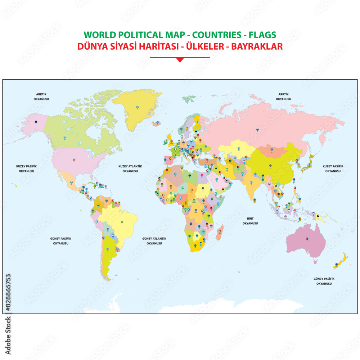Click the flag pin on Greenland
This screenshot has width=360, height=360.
pos(138,107)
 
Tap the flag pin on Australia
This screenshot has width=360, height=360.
pos(307,239)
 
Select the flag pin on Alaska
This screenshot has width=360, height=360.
pos(36,122)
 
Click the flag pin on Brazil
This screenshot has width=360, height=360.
pos(122,222)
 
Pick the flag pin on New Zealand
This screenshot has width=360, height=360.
pos(336,265)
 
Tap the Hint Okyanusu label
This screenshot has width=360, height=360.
pos(250,221)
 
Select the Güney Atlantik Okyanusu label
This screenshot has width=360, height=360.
pos(154,241)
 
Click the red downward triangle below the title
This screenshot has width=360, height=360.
pos(180,60)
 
